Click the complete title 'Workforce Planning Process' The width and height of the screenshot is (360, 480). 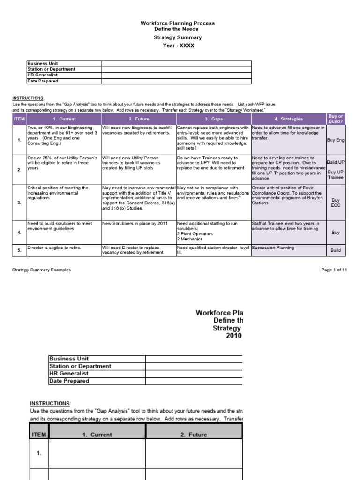tap(178, 23)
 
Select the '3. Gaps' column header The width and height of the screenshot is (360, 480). tap(213, 119)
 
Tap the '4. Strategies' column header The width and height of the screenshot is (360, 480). tap(288, 119)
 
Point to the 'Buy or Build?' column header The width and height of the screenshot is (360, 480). tap(336, 119)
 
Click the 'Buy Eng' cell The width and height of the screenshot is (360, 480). tap(336, 140)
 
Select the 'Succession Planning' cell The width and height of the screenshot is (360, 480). tap(273, 247)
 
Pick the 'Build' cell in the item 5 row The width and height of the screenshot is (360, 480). tap(336, 250)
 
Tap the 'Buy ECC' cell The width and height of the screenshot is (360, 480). tap(336, 202)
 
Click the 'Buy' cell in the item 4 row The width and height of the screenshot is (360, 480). tap(336, 232)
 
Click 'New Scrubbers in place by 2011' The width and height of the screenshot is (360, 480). tap(135, 224)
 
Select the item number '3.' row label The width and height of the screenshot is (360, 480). tap(19, 202)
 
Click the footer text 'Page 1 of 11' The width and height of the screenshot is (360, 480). tap(334, 270)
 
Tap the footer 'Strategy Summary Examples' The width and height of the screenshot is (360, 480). tap(42, 270)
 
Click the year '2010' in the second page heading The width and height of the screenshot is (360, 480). tap(233, 336)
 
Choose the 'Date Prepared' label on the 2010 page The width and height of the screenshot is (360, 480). tap(69, 381)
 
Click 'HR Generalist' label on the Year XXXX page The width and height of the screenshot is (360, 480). tap(43, 75)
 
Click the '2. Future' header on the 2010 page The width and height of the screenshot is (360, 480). tap(194, 435)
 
